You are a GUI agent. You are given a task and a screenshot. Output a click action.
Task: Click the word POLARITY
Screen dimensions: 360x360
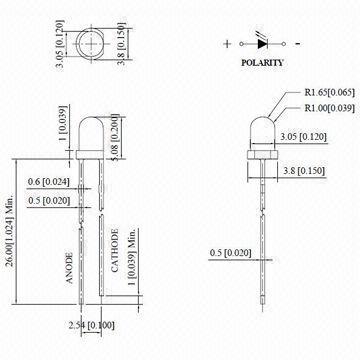click(262, 62)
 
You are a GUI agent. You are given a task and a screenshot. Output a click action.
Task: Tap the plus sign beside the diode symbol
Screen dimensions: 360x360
click(227, 44)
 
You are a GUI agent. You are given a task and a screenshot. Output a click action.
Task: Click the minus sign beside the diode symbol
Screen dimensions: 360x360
click(298, 43)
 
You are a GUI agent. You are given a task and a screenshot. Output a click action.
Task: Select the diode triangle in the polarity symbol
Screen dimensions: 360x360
click(262, 43)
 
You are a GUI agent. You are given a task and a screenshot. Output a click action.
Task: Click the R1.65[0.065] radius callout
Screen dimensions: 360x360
click(329, 92)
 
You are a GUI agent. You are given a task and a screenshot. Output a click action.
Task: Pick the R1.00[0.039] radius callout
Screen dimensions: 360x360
click(329, 108)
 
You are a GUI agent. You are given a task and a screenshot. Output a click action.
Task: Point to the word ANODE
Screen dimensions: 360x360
click(69, 268)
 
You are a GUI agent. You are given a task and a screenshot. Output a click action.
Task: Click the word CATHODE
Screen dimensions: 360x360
click(115, 251)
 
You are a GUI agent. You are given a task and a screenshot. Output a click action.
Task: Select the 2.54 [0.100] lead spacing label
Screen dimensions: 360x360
click(91, 325)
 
